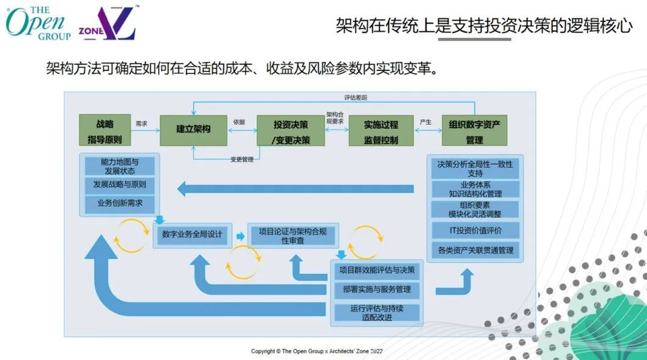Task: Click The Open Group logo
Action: click(38, 23)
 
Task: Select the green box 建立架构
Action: click(194, 130)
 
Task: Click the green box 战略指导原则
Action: click(105, 130)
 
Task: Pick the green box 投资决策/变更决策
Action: click(290, 131)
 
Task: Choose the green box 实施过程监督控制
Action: click(381, 131)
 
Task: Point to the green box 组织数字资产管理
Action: click(474, 131)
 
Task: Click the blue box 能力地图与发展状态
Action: click(119, 166)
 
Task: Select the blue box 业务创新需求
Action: click(119, 203)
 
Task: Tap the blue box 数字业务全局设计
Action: click(192, 234)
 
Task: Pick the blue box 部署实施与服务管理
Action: click(377, 289)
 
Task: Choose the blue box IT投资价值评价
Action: click(475, 230)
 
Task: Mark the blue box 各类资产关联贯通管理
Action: click(475, 250)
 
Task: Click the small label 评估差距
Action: click(356, 98)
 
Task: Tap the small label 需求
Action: click(142, 123)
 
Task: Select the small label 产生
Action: click(425, 122)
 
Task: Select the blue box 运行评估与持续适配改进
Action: click(377, 312)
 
